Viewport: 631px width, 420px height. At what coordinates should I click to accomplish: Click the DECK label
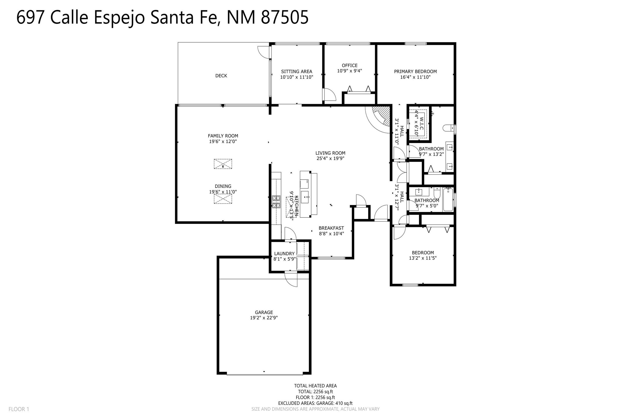[221, 76]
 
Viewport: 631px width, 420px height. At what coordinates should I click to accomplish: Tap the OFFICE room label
[349, 66]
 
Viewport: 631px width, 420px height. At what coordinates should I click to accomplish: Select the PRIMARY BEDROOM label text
[415, 72]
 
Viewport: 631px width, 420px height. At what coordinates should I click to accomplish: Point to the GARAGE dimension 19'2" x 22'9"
[264, 318]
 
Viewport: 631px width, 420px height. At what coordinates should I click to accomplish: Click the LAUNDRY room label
[284, 254]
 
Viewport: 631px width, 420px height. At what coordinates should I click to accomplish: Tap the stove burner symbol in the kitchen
[276, 202]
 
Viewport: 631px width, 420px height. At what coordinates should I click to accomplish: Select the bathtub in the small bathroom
[448, 200]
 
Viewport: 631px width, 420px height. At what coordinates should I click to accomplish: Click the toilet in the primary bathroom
[448, 128]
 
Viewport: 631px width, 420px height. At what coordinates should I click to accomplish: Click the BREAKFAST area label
[331, 228]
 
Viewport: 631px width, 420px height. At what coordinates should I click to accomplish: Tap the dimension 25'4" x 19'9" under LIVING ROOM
[330, 159]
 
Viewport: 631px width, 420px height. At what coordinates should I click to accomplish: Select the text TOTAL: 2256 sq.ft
[315, 392]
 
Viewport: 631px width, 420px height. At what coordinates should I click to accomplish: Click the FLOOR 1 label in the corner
[19, 409]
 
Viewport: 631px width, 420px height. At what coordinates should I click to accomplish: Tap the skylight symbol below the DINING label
[223, 199]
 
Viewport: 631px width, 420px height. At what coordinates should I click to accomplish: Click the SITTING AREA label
[296, 72]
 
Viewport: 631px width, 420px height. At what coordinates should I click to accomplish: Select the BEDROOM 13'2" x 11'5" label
[423, 255]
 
